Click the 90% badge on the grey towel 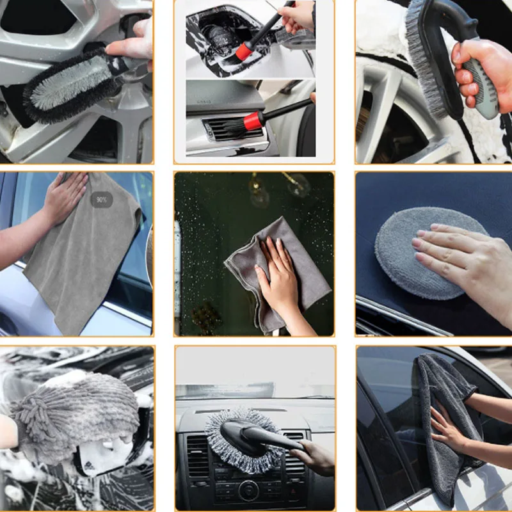[101, 200]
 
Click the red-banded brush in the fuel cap [245, 51]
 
